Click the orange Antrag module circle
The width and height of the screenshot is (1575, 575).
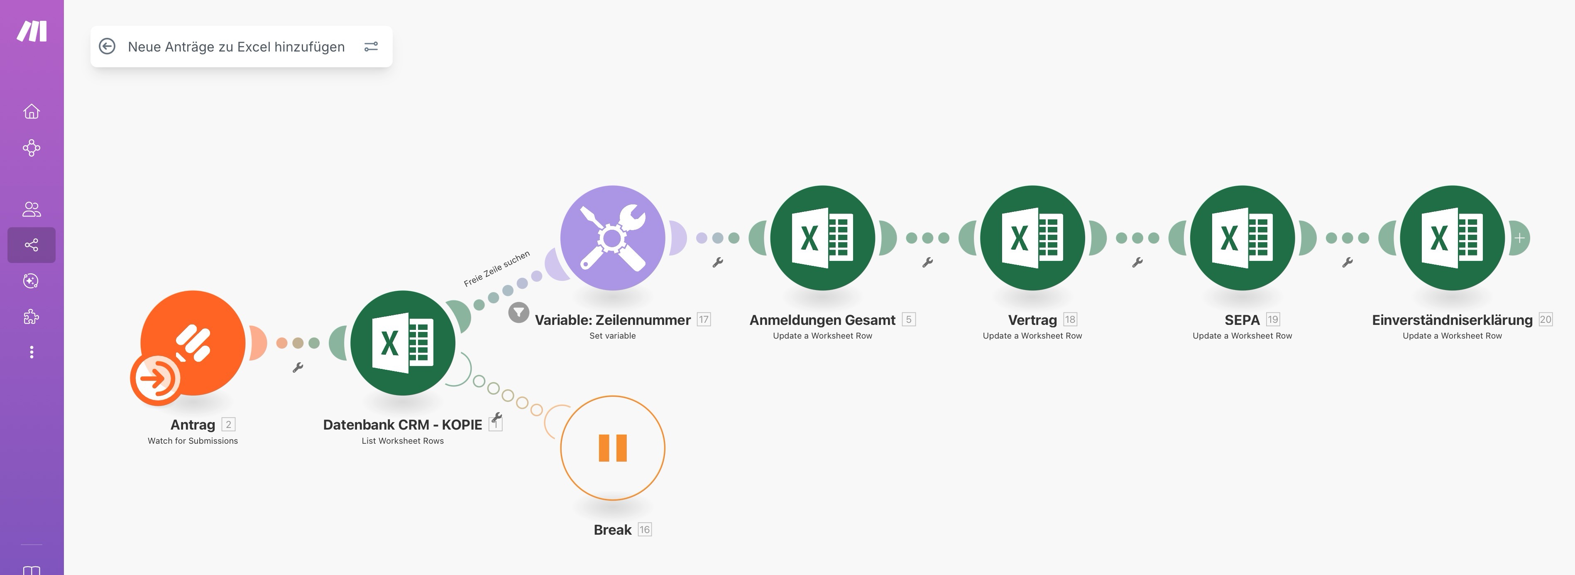coord(193,343)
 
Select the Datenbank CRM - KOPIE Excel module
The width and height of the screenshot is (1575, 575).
coord(403,343)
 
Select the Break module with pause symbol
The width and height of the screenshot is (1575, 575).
coord(613,448)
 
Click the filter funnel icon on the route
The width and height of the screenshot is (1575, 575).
coord(518,312)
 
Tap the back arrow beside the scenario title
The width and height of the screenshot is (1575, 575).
coord(107,47)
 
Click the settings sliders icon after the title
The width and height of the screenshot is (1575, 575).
coord(371,47)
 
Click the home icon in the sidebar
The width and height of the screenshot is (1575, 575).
coord(31,111)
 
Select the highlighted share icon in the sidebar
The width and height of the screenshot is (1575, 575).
coord(31,245)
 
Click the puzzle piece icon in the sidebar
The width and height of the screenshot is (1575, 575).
coord(31,316)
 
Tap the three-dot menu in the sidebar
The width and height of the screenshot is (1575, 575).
coord(31,352)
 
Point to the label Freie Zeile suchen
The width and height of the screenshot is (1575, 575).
coord(496,268)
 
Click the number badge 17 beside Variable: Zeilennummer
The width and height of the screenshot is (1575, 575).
coord(704,319)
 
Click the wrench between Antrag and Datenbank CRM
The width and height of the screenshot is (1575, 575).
coord(298,368)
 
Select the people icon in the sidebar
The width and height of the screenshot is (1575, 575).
coord(31,209)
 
